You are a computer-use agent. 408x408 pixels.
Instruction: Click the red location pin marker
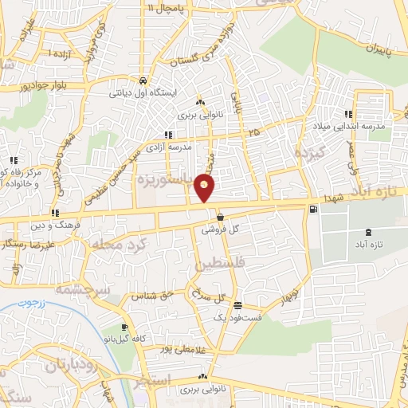pos(205,189)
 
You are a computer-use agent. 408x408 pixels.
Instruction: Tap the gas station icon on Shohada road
pos(312,209)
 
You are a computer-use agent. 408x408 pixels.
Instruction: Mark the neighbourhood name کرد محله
pos(117,241)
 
